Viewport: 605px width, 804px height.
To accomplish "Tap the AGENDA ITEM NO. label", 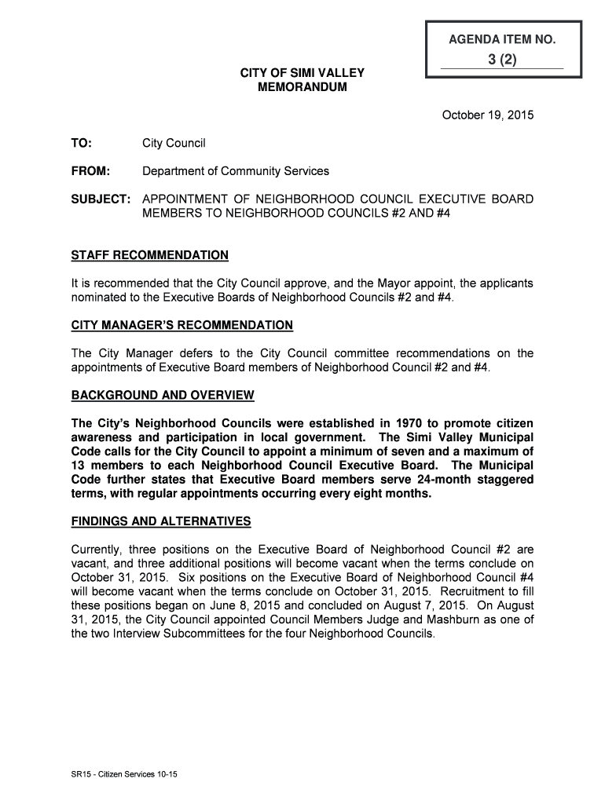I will [503, 38].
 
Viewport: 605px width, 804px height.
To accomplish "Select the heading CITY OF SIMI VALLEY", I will [302, 73].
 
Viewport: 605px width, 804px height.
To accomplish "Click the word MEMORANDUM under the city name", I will [302, 87].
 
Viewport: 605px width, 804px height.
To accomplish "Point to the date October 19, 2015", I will [488, 115].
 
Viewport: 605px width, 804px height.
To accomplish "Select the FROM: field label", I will [91, 171].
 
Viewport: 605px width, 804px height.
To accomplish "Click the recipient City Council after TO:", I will [174, 143].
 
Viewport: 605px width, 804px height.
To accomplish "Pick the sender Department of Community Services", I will [236, 171].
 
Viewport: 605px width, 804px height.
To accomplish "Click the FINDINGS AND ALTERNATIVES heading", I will [161, 521].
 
